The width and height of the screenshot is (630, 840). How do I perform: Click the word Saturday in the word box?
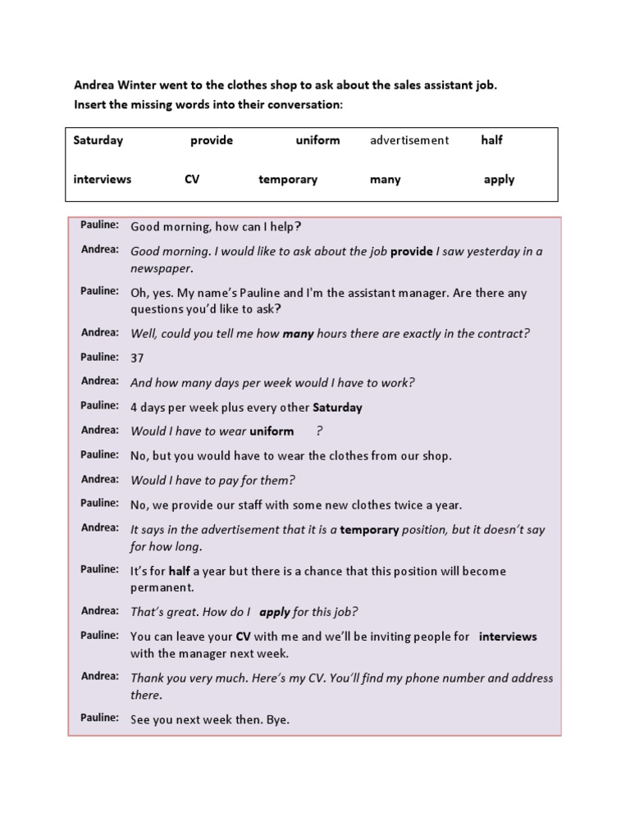[x=98, y=140]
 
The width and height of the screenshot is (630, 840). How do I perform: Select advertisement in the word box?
[x=409, y=140]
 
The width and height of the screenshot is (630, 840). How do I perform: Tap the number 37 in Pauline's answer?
[x=138, y=358]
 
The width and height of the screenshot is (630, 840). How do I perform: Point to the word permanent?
[x=162, y=587]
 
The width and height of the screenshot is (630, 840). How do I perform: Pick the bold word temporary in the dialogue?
[x=369, y=530]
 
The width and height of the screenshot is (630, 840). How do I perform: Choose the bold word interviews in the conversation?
[x=508, y=637]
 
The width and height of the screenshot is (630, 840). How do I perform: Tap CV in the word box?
[x=192, y=180]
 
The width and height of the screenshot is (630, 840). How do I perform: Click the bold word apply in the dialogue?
[x=274, y=612]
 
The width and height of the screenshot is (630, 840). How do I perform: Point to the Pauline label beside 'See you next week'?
[x=99, y=718]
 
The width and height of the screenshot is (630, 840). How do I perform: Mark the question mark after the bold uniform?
[x=319, y=431]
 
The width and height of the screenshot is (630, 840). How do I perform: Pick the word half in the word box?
[x=491, y=140]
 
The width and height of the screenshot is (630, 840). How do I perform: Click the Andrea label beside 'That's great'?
[x=100, y=610]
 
